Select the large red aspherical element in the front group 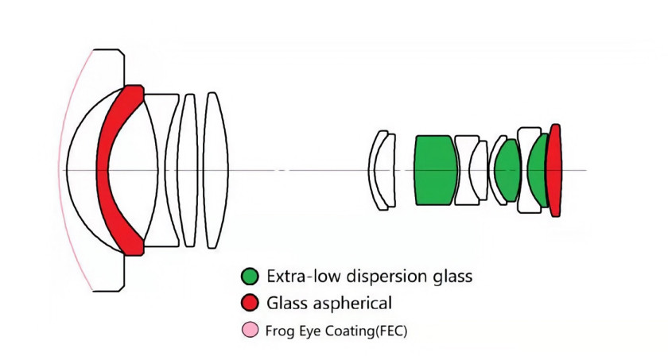pos(103,170)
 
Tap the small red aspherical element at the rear pos(553,170)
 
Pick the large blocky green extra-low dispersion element pos(436,170)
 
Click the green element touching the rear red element pos(537,170)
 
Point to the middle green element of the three pos(507,170)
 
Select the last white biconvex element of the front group pos(216,170)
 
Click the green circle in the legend pos(250,277)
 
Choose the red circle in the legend pos(250,303)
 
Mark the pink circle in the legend pos(250,331)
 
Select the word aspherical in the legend pos(352,304)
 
